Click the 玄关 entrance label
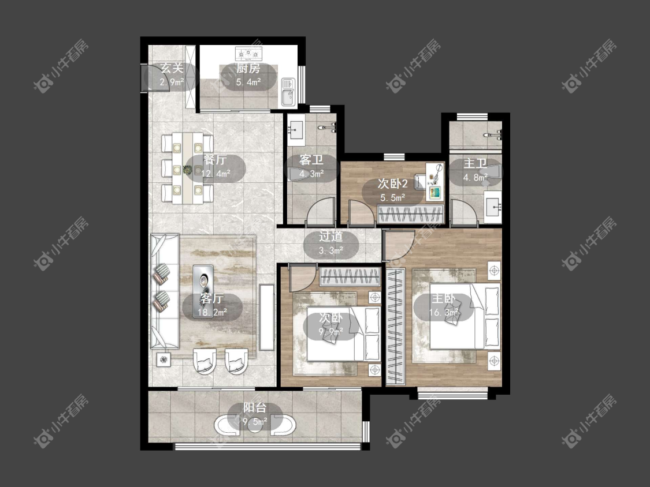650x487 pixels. pos(172,68)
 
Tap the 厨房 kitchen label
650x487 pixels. pos(248,69)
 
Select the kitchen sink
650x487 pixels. pos(287,92)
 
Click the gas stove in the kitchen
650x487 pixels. pos(248,54)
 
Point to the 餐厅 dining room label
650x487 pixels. pos(215,160)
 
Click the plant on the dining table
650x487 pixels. pos(187,170)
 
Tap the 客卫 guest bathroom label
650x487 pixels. pos(311,160)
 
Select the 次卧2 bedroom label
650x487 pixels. pos(392,184)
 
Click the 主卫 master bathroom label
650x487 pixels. pos(475,163)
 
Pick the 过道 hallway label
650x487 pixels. pos(331,237)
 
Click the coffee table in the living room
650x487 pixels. pos(203,282)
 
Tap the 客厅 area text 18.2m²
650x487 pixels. pos(212,312)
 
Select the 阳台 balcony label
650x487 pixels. pos(255,408)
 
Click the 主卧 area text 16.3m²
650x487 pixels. pos(444,312)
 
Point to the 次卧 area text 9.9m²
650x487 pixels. pos(331,331)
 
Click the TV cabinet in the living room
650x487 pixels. pos(266,317)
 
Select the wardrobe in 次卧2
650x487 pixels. pos(410,214)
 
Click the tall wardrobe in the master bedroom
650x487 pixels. pos(395,327)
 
